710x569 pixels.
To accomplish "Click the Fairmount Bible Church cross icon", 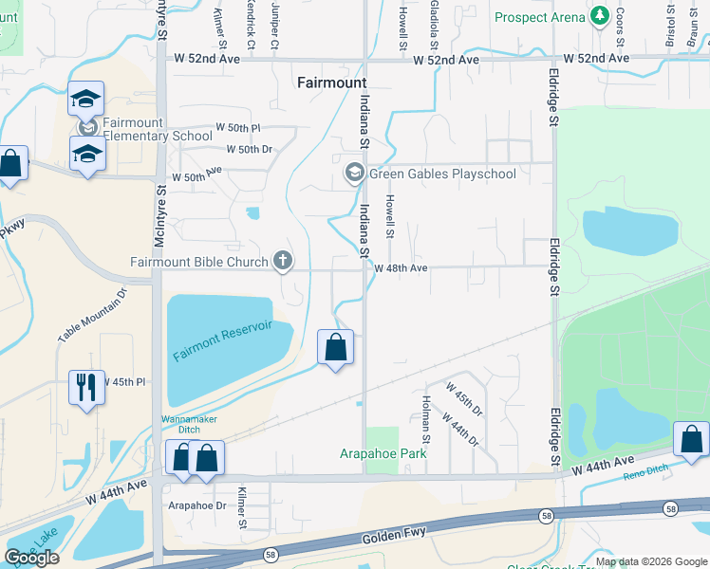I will (282, 260).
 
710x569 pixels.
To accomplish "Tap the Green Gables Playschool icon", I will (355, 174).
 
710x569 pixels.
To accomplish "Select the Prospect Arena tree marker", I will (599, 16).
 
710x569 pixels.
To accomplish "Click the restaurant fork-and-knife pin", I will (86, 386).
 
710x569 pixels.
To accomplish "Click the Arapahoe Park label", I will (383, 453).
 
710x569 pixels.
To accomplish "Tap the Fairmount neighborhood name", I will (331, 83).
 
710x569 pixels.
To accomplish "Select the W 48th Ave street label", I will (401, 268).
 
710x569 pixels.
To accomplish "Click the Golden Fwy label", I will (391, 538).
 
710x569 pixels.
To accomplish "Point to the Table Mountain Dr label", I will (91, 315).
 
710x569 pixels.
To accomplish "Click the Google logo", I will (31, 558).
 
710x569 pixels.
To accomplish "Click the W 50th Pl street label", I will (237, 127).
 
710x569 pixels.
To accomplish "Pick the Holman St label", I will (426, 420).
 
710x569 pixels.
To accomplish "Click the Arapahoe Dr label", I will (196, 505).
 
